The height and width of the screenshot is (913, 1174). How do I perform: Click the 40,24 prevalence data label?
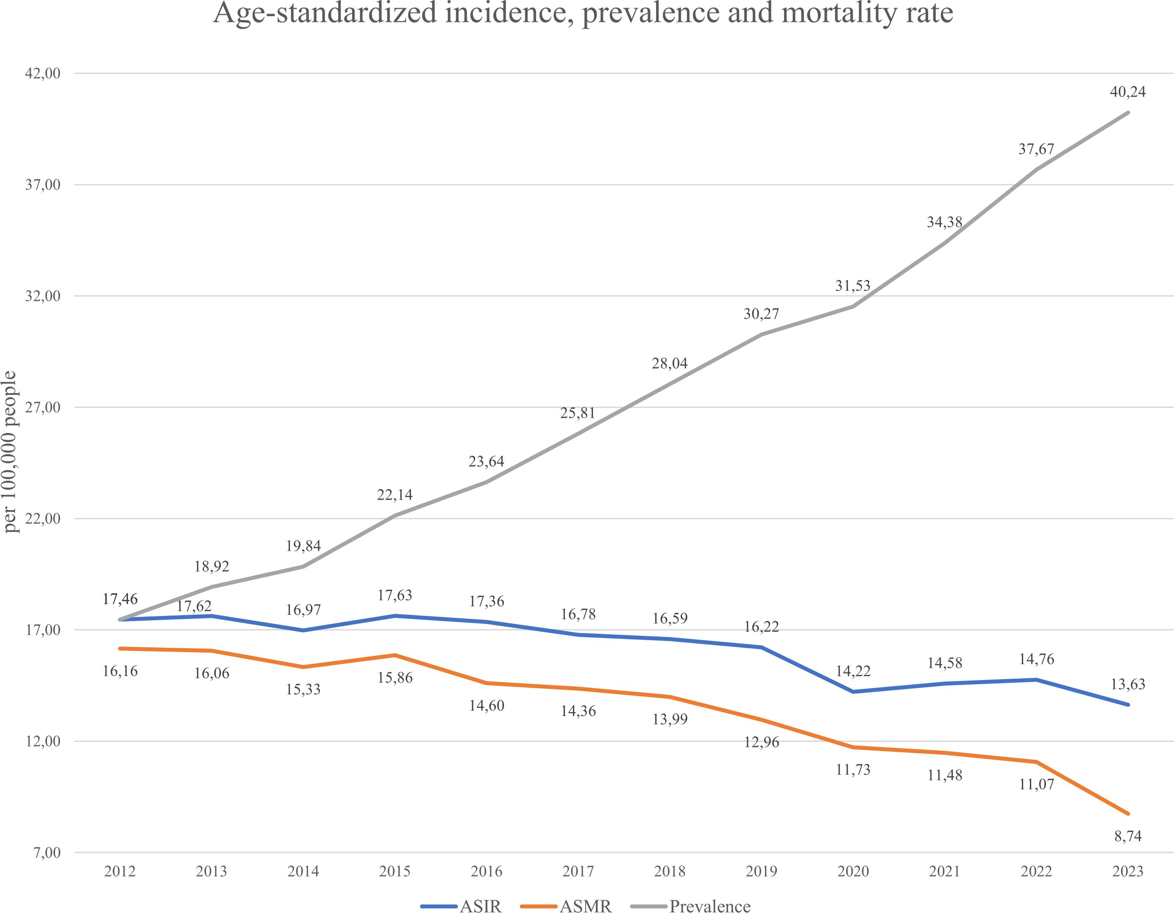pyautogui.click(x=1127, y=92)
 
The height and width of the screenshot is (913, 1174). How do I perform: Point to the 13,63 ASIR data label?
pyautogui.click(x=1127, y=684)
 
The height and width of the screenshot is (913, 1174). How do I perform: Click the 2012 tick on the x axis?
pyautogui.click(x=120, y=871)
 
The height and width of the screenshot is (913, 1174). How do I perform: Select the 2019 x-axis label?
pyautogui.click(x=761, y=871)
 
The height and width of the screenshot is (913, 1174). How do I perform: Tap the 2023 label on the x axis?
pyautogui.click(x=1127, y=871)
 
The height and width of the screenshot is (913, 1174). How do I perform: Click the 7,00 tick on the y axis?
pyautogui.click(x=46, y=853)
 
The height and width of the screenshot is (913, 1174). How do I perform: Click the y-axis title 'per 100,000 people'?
pyautogui.click(x=11, y=451)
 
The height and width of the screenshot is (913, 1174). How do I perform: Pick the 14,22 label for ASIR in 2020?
pyautogui.click(x=853, y=671)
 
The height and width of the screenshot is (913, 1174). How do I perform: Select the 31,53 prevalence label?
pyautogui.click(x=853, y=286)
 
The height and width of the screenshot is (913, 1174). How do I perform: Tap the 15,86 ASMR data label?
pyautogui.click(x=395, y=677)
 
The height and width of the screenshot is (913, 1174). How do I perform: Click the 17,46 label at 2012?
pyautogui.click(x=120, y=599)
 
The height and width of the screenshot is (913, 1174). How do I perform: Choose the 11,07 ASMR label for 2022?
pyautogui.click(x=1036, y=784)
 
